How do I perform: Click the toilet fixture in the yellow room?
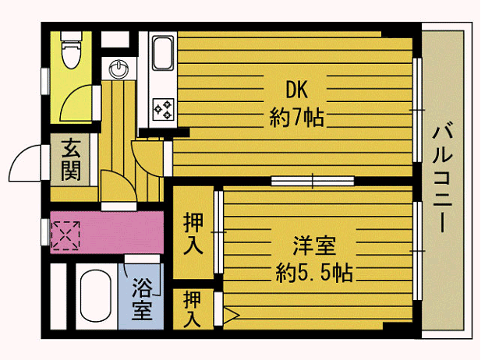click(72, 50)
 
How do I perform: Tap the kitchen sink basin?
click(163, 54)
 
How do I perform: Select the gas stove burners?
click(163, 109)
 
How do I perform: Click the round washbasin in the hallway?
click(119, 69)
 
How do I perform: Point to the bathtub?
click(95, 296)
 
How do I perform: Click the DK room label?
click(296, 90)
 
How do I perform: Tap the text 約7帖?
click(296, 118)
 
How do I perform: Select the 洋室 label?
click(313, 245)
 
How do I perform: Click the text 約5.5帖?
click(314, 274)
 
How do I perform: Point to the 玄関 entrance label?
click(71, 160)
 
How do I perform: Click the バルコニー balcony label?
click(442, 177)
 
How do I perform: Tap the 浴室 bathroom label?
click(142, 299)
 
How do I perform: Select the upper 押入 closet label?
click(193, 234)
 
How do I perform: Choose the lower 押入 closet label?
click(193, 309)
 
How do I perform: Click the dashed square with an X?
click(65, 235)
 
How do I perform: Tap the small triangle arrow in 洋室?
click(231, 315)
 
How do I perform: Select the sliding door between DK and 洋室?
click(313, 181)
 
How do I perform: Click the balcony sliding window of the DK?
click(417, 110)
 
